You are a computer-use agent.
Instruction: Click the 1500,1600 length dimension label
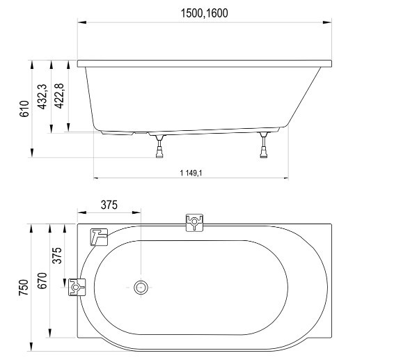pyautogui.click(x=204, y=13)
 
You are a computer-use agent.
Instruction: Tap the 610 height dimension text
pyautogui.click(x=24, y=109)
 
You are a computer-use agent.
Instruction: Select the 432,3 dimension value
pyautogui.click(x=42, y=97)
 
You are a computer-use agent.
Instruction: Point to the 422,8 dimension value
pyautogui.click(x=59, y=96)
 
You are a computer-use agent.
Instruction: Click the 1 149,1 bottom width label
pyautogui.click(x=191, y=173)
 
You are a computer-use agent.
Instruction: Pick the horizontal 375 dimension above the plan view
pyautogui.click(x=109, y=205)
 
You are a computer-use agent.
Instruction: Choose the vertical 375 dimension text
pyautogui.click(x=57, y=256)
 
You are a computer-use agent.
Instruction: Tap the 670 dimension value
pyautogui.click(x=42, y=281)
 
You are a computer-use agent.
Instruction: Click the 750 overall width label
pyautogui.click(x=24, y=288)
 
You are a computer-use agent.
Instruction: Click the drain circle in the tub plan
pyautogui.click(x=141, y=287)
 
